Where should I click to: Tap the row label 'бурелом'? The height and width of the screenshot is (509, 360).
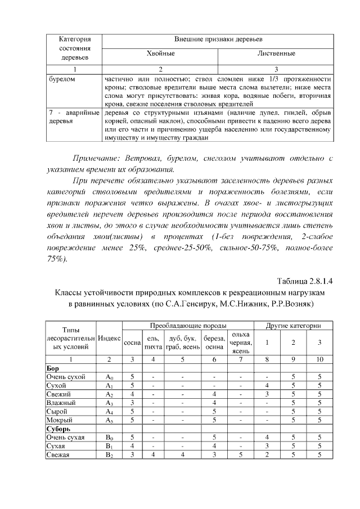(61, 79)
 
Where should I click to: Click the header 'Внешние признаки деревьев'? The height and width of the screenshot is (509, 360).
(218, 39)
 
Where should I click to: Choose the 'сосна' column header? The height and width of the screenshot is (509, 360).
(132, 342)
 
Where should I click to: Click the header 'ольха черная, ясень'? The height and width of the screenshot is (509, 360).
(241, 343)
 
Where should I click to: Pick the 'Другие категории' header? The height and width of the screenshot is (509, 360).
(292, 326)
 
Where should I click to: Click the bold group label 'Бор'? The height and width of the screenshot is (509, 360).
(52, 368)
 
